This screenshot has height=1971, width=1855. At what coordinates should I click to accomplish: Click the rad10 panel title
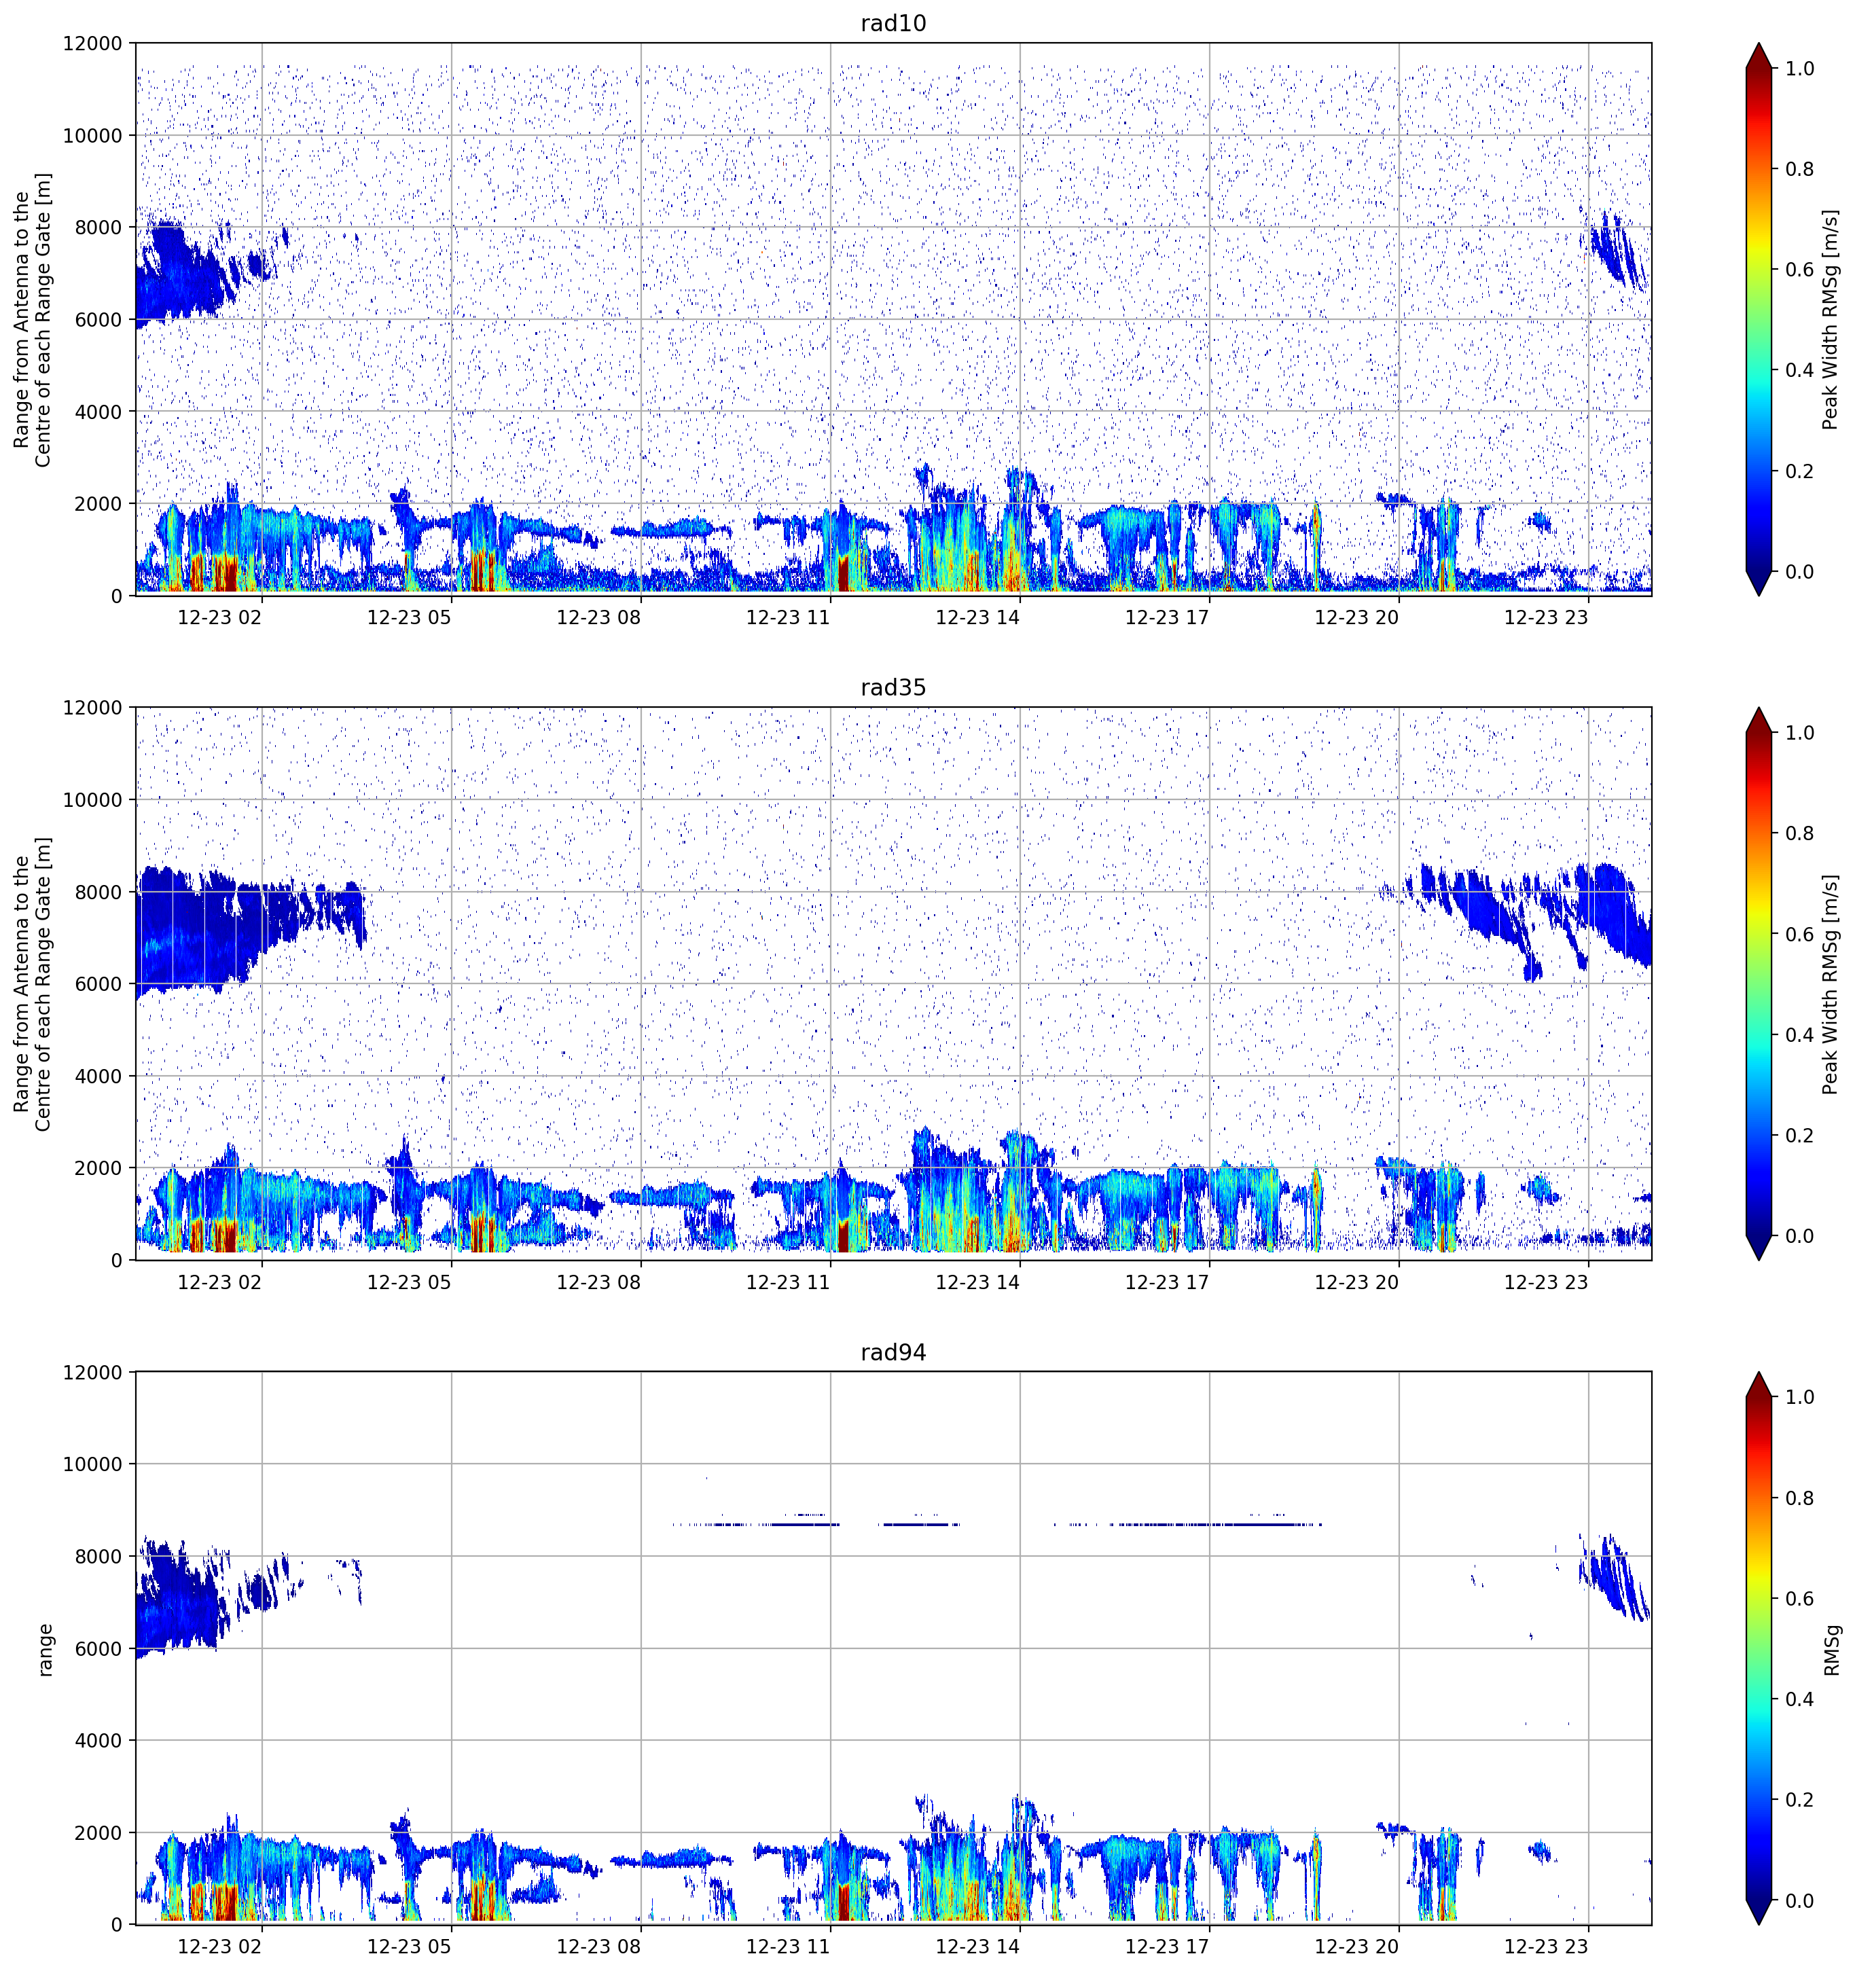(893, 23)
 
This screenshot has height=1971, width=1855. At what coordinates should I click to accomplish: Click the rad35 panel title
(893, 688)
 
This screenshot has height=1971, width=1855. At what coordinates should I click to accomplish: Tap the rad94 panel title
(893, 1352)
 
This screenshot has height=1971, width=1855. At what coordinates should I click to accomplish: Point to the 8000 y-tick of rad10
(99, 227)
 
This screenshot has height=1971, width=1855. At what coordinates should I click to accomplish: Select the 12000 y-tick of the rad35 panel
(93, 708)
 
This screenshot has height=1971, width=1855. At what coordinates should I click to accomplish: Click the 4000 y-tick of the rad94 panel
(99, 1741)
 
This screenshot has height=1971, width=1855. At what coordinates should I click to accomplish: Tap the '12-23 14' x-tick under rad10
(977, 617)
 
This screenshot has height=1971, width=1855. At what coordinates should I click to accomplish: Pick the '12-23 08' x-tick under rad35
(599, 1282)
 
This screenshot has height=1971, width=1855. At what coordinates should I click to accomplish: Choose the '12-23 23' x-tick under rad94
(1546, 1947)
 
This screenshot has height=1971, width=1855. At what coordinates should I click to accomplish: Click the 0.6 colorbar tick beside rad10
(1799, 270)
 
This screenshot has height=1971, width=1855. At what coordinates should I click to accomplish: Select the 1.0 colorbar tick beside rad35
(1799, 733)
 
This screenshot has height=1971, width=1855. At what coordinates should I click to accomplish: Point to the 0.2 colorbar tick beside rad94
(1799, 1799)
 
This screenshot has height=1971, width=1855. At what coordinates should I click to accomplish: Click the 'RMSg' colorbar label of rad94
(1831, 1650)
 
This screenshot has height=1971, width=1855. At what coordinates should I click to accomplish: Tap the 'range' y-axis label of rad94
(45, 1650)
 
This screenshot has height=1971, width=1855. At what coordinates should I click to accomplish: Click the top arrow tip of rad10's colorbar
(1758, 43)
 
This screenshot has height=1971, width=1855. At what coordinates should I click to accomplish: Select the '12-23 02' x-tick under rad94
(220, 1947)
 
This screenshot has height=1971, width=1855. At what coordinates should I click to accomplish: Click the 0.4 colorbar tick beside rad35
(1799, 1035)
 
